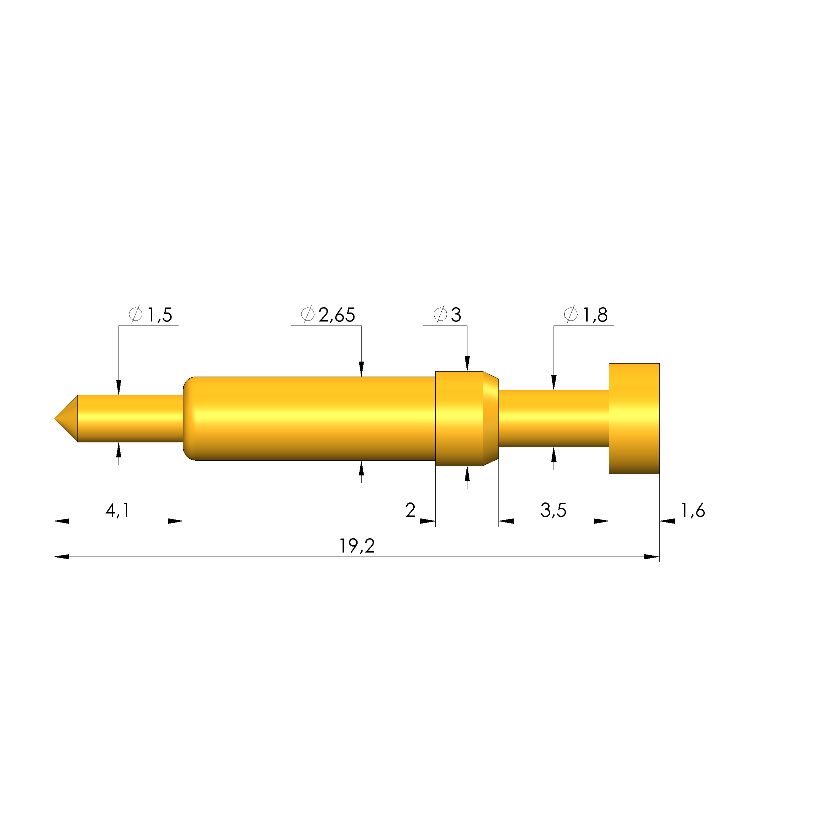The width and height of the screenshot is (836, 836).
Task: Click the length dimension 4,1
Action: [x=117, y=510]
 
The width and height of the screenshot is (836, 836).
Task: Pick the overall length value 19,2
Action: [x=357, y=547]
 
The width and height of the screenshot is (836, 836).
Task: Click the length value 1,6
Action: [x=693, y=510]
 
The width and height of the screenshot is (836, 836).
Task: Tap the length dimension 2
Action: [x=410, y=510]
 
